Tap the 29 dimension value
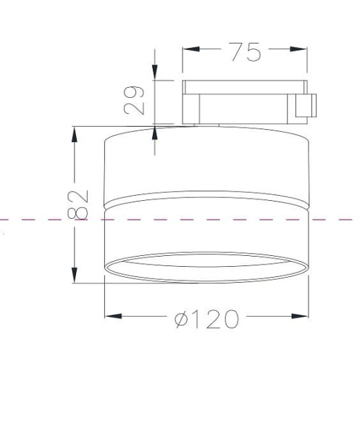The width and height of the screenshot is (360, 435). click(x=134, y=100)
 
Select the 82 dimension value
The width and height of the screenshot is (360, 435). click(x=78, y=204)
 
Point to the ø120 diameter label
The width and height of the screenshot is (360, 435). click(x=206, y=319)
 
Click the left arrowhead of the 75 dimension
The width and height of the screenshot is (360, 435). click(x=191, y=49)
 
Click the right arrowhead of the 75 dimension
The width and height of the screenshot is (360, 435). click(x=298, y=49)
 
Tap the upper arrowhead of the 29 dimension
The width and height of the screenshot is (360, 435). click(x=154, y=72)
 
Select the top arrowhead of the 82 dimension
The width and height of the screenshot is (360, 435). click(x=75, y=135)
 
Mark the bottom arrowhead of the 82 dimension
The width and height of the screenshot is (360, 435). click(x=75, y=275)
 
